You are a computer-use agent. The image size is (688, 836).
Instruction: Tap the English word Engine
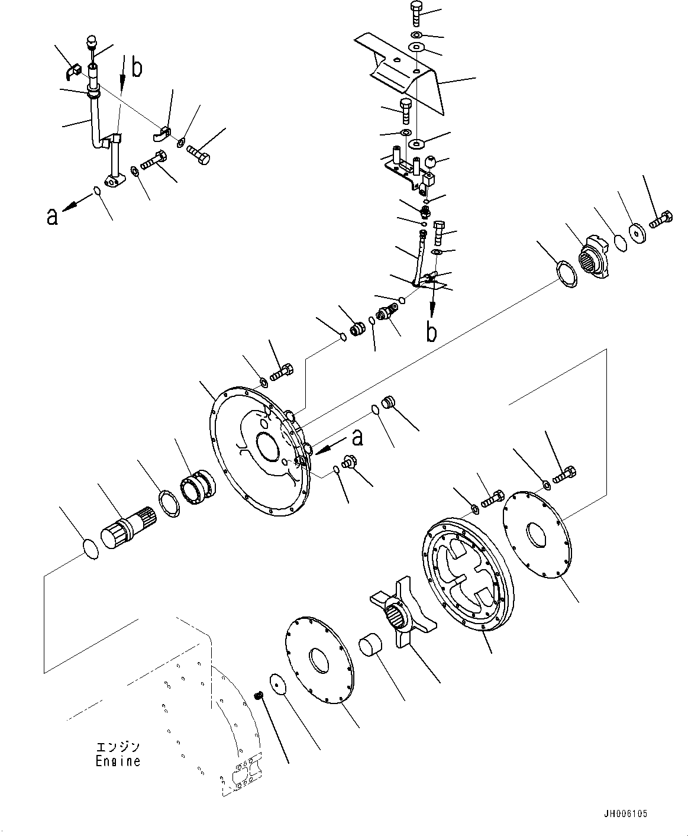[118, 761]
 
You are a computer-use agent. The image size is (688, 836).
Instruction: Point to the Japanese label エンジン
[118, 747]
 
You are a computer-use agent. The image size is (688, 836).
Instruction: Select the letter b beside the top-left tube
[137, 68]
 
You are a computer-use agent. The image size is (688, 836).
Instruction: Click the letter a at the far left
[53, 217]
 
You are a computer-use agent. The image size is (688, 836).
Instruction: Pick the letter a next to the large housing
[357, 438]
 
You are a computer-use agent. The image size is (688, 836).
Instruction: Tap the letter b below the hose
[432, 332]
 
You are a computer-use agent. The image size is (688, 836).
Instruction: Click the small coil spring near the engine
[258, 696]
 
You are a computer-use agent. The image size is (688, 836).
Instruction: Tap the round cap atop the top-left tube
[91, 42]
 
